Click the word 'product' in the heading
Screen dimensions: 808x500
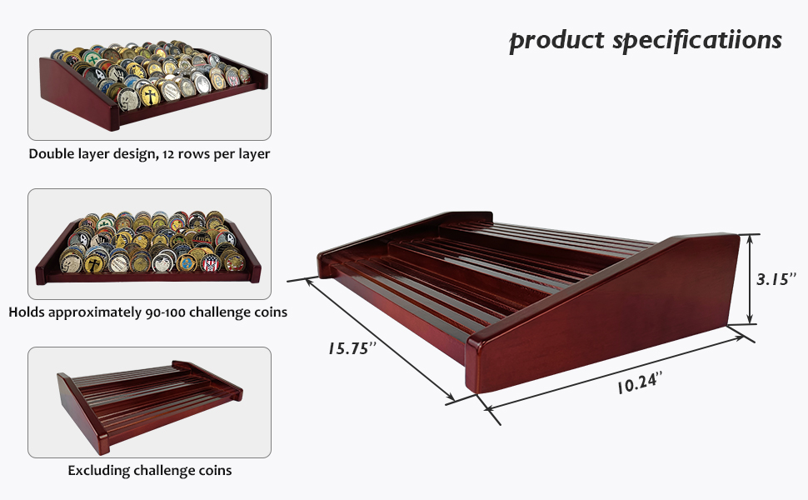(x=556, y=41)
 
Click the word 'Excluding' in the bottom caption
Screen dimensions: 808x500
(x=99, y=471)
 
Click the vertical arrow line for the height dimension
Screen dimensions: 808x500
(x=751, y=279)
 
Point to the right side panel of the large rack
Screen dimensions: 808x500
(x=616, y=325)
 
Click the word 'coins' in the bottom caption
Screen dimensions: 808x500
(x=214, y=471)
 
